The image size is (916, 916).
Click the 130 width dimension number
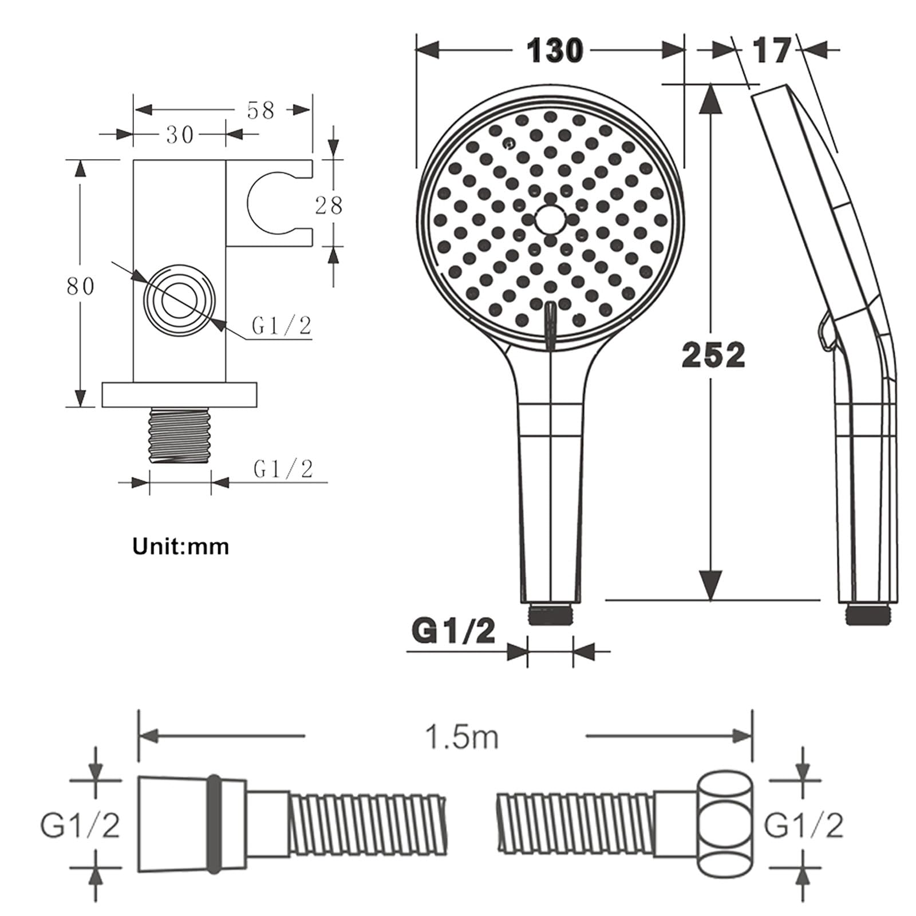pyautogui.click(x=554, y=50)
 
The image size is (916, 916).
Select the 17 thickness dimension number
pyautogui.click(x=772, y=50)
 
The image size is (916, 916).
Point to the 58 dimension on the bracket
pyautogui.click(x=260, y=110)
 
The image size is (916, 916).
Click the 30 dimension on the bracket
pyautogui.click(x=180, y=135)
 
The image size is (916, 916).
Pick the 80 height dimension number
pyautogui.click(x=80, y=286)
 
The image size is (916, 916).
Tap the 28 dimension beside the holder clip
pyautogui.click(x=329, y=205)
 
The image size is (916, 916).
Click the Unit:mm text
pyautogui.click(x=181, y=546)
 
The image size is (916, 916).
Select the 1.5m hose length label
pyautogui.click(x=461, y=737)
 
